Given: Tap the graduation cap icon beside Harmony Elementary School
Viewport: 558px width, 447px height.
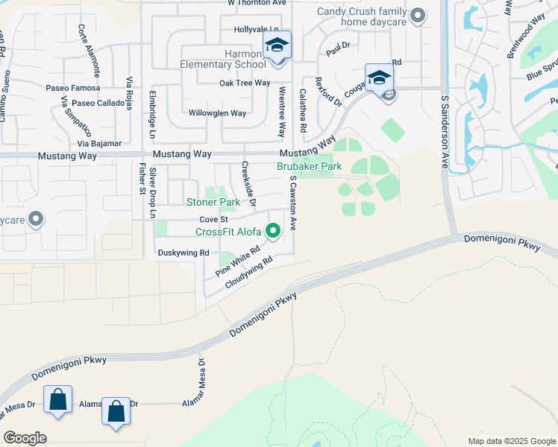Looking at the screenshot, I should click(x=277, y=46).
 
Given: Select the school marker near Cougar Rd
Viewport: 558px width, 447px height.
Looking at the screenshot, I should click(x=379, y=78).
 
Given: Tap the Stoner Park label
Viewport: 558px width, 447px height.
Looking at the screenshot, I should click(x=213, y=202).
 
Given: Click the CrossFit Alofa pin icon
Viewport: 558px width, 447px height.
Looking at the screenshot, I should click(x=274, y=231).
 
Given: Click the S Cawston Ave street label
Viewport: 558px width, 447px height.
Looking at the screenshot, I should click(x=293, y=201).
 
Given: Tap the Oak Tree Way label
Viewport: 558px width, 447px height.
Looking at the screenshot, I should click(x=244, y=83).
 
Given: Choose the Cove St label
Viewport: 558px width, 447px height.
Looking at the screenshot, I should click(x=213, y=220).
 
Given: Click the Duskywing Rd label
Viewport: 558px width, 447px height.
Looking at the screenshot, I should click(x=184, y=253).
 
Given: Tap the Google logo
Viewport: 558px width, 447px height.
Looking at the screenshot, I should click(x=25, y=438).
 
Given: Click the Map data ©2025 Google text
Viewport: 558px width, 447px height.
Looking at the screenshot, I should click(x=511, y=441).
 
